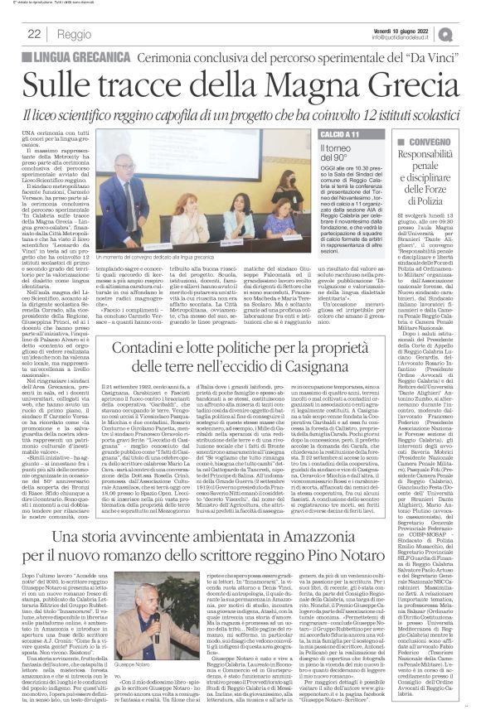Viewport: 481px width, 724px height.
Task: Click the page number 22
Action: pos(35,35)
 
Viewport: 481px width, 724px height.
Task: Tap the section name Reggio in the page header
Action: pos(75,35)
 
